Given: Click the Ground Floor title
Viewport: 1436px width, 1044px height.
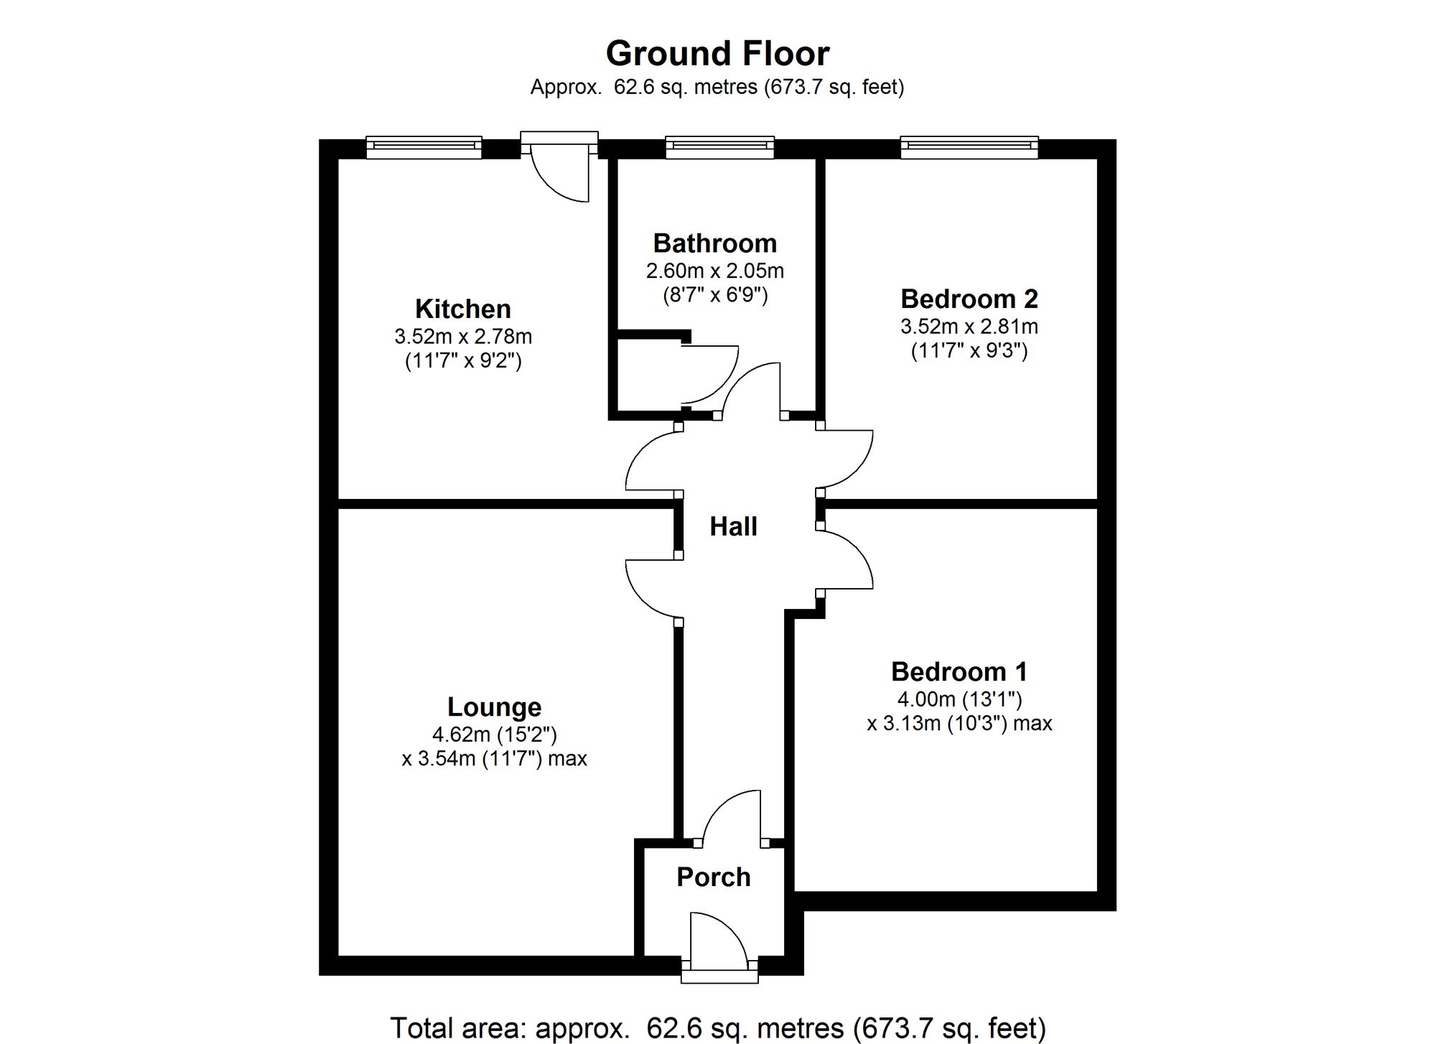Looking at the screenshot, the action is click(717, 53).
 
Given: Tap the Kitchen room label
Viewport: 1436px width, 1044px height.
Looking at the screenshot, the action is click(463, 309).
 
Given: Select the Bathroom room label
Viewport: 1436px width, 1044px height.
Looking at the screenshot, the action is click(715, 243).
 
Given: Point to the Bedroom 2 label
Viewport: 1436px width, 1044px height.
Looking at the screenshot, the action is click(969, 299).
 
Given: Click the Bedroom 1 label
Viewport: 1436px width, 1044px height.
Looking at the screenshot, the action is click(959, 671).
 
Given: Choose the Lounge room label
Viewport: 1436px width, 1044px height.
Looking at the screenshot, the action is click(494, 707).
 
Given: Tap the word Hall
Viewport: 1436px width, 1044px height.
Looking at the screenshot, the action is click(733, 526).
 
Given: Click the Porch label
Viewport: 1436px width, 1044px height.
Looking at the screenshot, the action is click(714, 877).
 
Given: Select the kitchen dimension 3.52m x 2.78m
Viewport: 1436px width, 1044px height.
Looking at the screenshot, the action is click(463, 336).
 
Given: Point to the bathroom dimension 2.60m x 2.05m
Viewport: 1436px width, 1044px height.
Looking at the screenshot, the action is click(715, 271).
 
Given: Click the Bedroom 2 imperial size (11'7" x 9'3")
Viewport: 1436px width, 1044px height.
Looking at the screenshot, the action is click(969, 350).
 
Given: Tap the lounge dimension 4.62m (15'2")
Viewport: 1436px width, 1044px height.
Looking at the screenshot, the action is click(494, 734).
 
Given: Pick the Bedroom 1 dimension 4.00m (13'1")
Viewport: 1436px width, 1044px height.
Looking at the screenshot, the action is click(959, 699).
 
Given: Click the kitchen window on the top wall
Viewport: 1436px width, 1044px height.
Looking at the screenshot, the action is click(424, 147).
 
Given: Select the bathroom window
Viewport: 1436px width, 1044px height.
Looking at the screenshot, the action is click(719, 147).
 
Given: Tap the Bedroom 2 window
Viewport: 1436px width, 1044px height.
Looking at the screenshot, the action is click(969, 147).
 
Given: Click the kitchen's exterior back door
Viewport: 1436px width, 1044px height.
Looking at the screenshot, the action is click(560, 169).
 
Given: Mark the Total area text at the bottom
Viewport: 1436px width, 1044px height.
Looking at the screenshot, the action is click(717, 1028).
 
